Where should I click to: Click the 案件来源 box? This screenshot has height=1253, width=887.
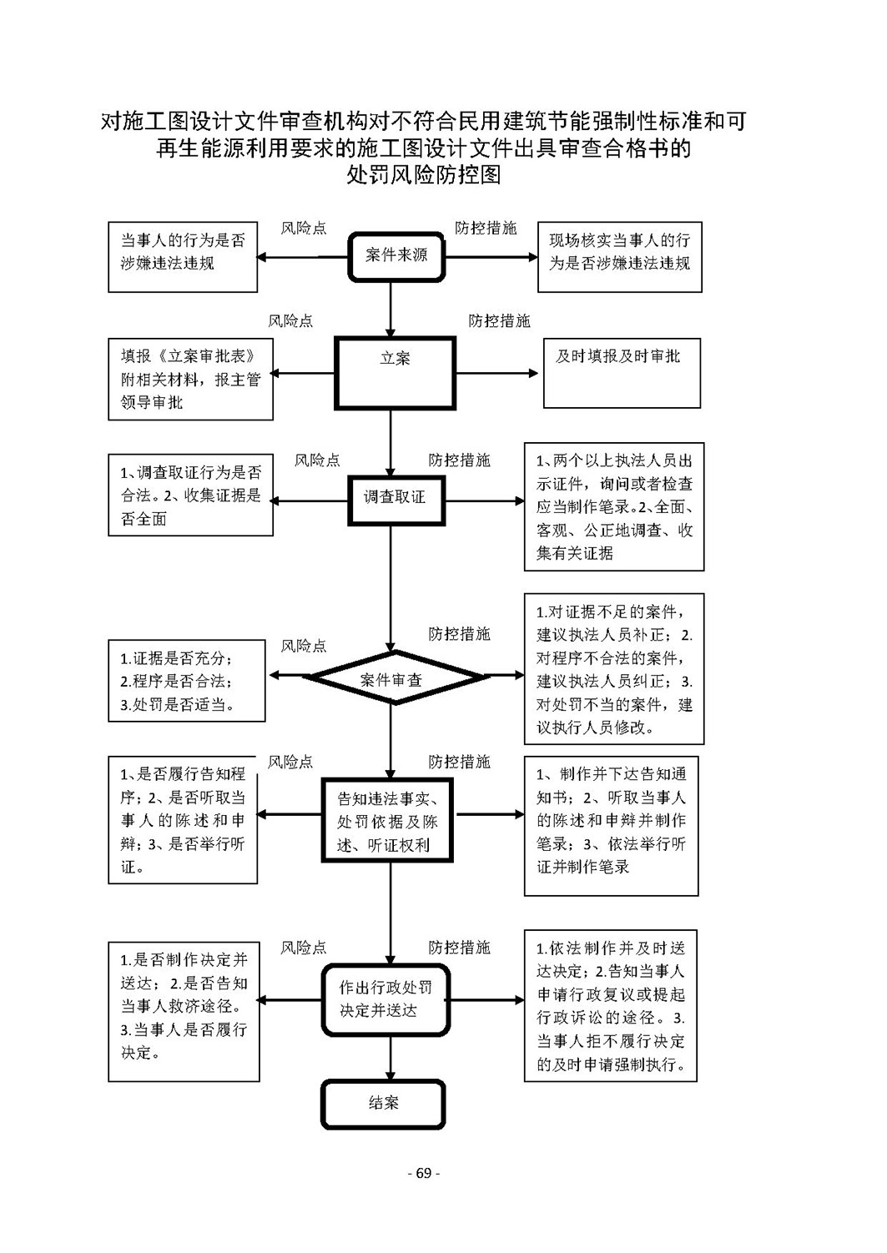pos(396,257)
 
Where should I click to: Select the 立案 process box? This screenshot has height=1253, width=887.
pos(395,373)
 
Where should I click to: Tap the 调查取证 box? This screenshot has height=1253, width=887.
pos(396,501)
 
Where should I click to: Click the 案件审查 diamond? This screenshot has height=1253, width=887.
pos(395,677)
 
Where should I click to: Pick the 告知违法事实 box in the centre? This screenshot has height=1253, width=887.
pos(386,821)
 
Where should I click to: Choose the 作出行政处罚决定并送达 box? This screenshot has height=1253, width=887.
pos(386,1000)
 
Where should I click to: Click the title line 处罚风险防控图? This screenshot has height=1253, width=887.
pos(423,175)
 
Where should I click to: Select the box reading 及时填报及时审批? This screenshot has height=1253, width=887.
pos(622,373)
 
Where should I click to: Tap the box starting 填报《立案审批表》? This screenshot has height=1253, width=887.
pos(191,380)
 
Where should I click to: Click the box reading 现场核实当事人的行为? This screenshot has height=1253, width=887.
pos(619,257)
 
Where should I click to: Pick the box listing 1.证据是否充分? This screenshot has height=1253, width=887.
pos(187,681)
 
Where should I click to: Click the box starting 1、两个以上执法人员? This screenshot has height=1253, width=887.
pos(614,507)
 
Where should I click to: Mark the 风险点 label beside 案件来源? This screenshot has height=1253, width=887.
pos(303,229)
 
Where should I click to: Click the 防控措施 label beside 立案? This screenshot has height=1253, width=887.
pos(499,321)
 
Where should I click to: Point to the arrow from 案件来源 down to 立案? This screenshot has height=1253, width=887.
pos(391,309)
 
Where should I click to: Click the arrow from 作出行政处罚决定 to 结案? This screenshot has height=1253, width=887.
pos(391,1059)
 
